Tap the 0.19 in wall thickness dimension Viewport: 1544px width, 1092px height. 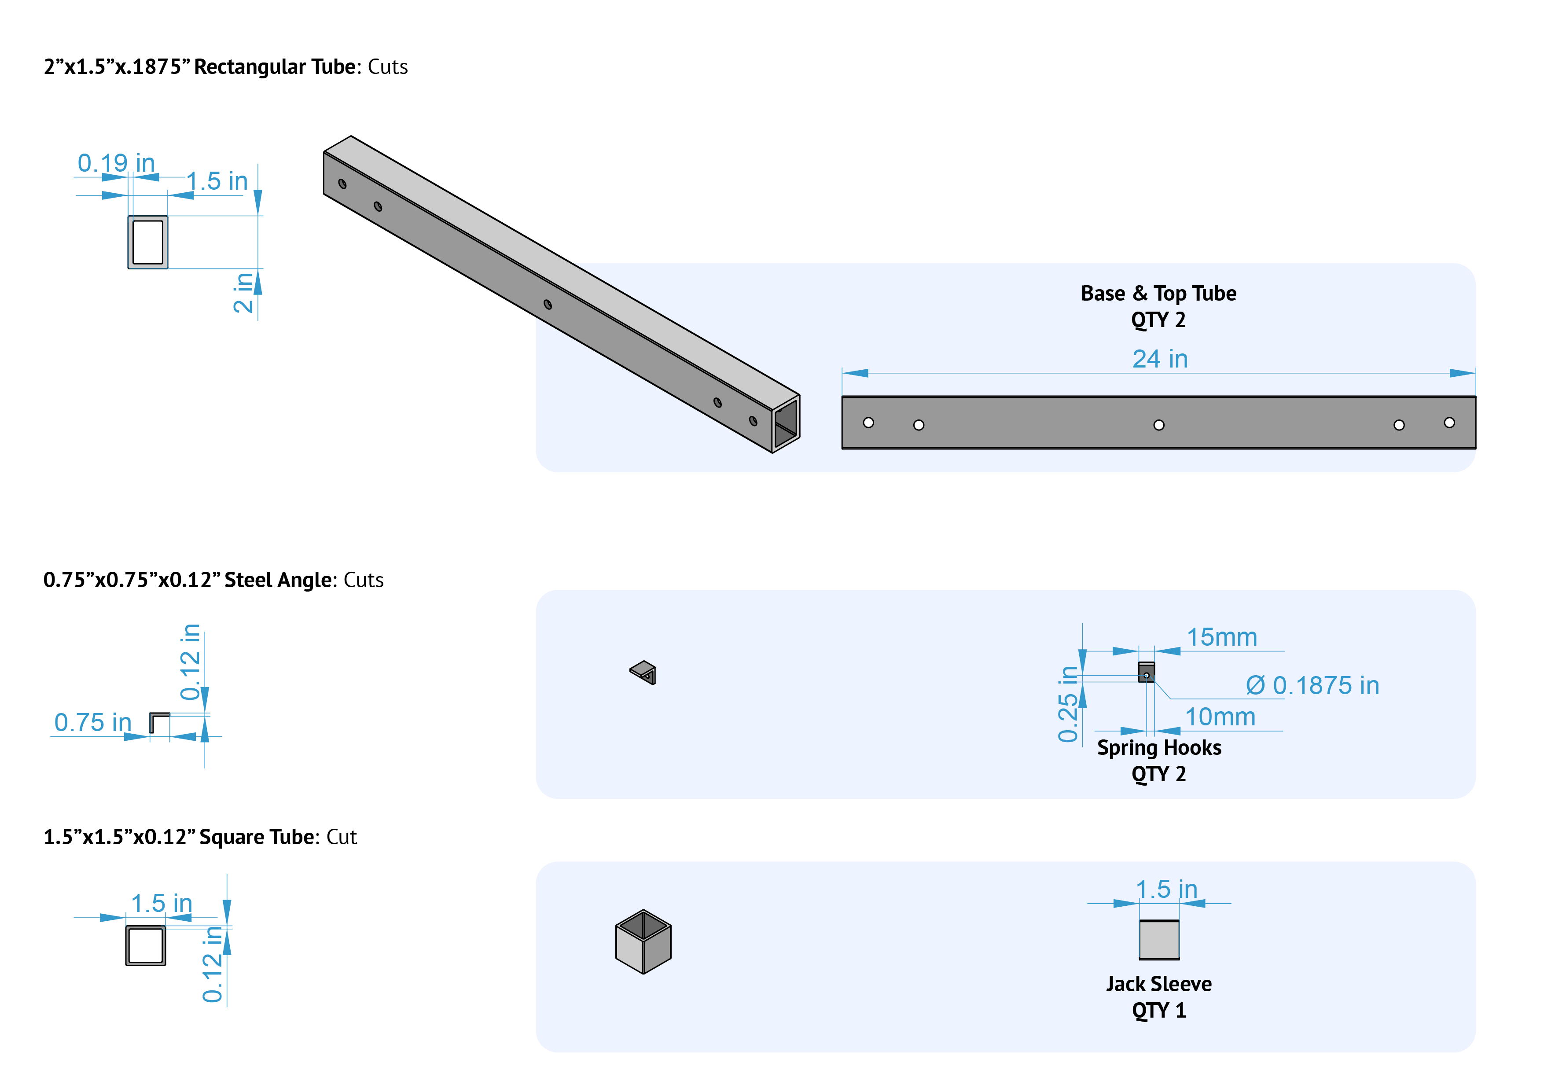(116, 163)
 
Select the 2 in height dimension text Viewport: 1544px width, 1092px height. (243, 293)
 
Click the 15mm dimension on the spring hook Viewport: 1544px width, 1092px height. (1221, 637)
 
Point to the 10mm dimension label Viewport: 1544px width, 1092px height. (1220, 717)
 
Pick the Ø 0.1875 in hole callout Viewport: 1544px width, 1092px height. (1312, 685)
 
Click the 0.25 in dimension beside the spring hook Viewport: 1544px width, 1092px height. (1068, 704)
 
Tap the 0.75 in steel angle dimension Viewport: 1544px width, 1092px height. (93, 722)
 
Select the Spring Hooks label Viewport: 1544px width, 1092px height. (1159, 748)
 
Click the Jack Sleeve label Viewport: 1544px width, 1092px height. (1159, 984)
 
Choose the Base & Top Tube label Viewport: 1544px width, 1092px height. (1158, 293)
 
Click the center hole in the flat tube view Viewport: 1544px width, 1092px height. (1159, 425)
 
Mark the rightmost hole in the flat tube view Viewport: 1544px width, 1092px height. (1449, 422)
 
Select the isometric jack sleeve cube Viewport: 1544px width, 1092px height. (643, 941)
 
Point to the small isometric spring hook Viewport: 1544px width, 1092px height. (643, 672)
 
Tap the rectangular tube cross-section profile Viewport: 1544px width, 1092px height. (148, 242)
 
